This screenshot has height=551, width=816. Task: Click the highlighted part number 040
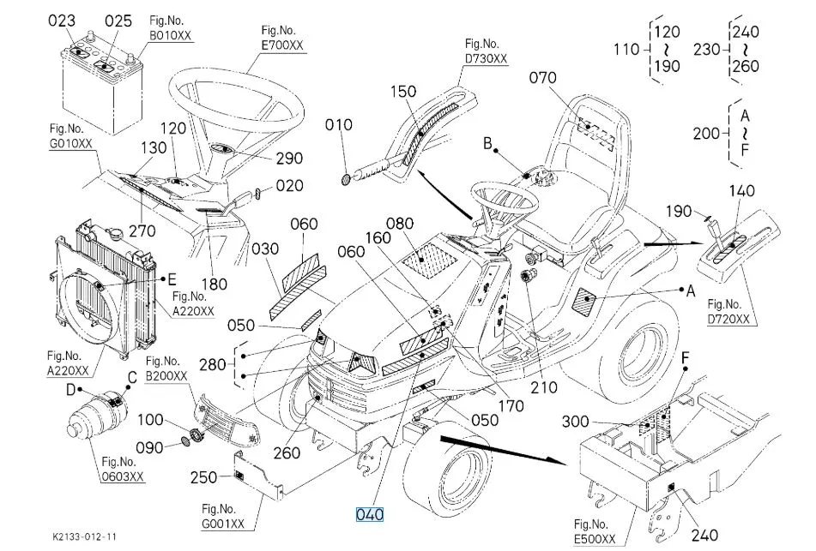coord(370,515)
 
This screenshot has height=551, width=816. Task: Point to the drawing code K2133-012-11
coord(83,535)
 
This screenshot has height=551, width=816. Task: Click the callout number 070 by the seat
coord(566,79)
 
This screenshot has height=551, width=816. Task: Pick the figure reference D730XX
coord(487,58)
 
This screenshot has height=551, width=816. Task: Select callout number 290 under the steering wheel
coord(266,159)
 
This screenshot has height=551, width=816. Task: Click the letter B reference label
coord(488,144)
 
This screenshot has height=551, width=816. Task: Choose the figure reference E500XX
coord(595,537)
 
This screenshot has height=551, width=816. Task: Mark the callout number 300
coord(576,422)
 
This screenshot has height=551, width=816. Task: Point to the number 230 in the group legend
coord(707,50)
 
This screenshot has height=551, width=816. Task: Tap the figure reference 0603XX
coord(123,476)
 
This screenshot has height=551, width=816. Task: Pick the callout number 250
coord(203,477)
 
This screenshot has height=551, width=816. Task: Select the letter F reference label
coord(685,357)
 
